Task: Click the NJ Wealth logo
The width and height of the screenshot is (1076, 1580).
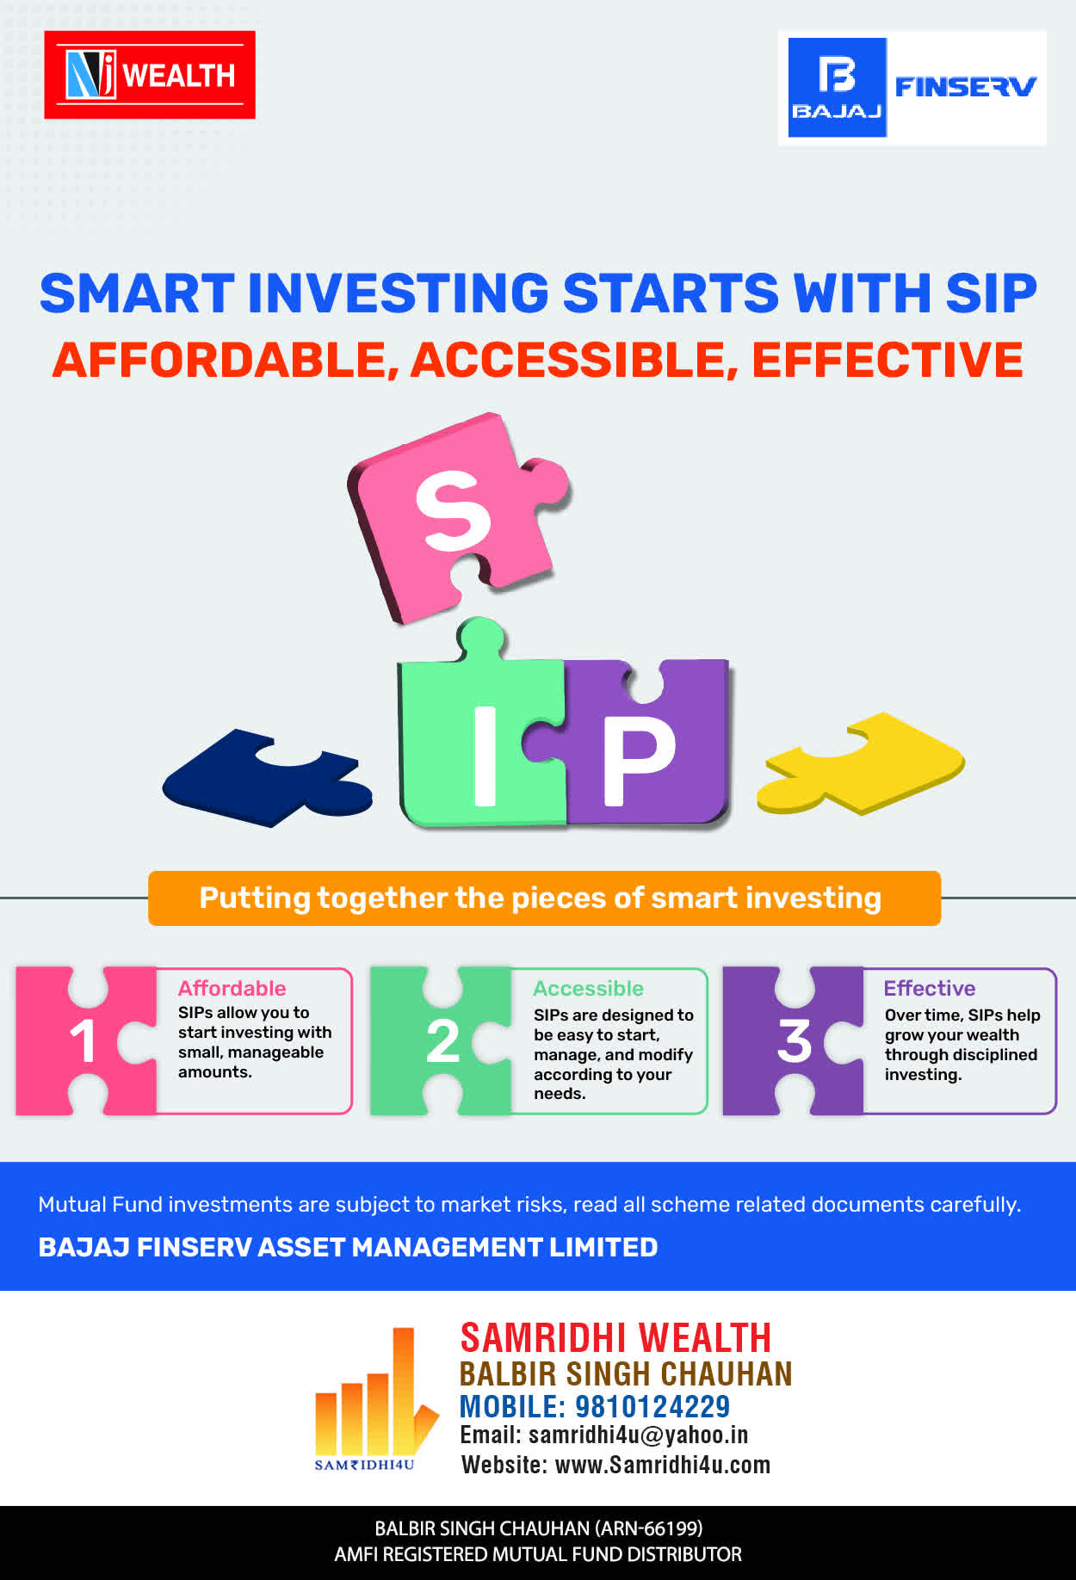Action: click(x=150, y=75)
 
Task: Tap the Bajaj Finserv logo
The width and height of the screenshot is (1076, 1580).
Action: click(x=912, y=88)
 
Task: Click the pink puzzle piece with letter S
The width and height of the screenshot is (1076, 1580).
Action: click(x=456, y=516)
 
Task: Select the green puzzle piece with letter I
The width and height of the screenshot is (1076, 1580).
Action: click(x=479, y=731)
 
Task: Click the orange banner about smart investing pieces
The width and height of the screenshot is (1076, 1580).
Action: click(x=544, y=898)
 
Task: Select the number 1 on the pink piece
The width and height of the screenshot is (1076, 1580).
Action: click(x=83, y=1041)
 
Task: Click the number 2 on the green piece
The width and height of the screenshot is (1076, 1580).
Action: click(x=442, y=1041)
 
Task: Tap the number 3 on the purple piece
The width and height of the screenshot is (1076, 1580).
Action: click(x=795, y=1041)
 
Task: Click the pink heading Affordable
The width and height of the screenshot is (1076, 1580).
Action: click(x=232, y=988)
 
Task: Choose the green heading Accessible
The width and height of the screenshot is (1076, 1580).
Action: click(x=588, y=988)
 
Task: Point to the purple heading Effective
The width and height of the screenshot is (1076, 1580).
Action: click(x=930, y=988)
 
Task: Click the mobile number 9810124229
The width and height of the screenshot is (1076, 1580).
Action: click(x=652, y=1406)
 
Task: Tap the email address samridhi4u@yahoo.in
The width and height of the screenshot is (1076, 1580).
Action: click(x=638, y=1435)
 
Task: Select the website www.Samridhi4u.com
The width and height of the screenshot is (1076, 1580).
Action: click(x=663, y=1465)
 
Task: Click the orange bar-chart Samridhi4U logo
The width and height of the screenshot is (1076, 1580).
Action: click(x=376, y=1398)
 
